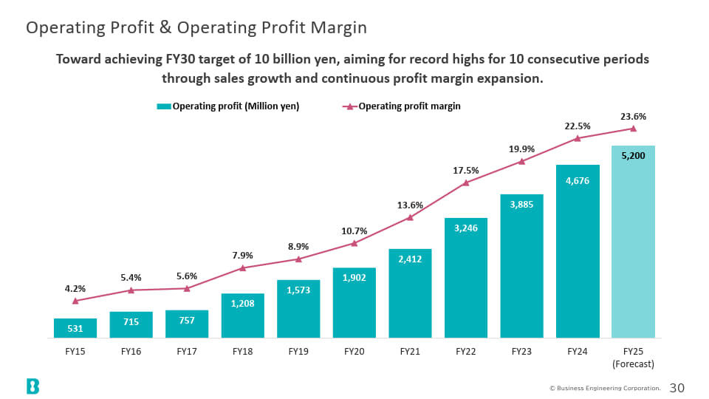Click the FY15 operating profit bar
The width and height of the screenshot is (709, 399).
[75, 328]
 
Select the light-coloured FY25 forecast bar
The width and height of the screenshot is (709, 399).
[633, 242]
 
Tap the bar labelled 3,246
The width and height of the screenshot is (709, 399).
[466, 278]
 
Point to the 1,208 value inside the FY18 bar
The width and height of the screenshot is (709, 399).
[242, 304]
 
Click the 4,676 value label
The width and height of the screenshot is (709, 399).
[578, 181]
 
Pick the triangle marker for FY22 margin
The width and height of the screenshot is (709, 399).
[466, 183]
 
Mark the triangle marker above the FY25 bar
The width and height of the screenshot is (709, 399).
[633, 129]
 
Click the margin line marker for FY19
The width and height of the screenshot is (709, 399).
[298, 259]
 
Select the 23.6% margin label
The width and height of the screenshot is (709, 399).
[633, 117]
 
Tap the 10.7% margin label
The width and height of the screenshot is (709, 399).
[354, 231]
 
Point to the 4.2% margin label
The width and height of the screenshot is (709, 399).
[75, 289]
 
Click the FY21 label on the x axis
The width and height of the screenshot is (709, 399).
[410, 352]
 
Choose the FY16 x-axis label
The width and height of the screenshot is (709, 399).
[131, 352]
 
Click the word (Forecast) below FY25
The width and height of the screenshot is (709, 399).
[633, 364]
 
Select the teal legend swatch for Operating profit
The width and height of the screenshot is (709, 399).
[164, 106]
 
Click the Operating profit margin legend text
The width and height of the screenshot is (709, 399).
[409, 106]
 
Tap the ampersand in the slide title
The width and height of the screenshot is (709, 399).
[165, 27]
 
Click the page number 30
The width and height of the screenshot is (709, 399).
[677, 388]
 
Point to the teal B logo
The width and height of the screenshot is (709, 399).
[32, 386]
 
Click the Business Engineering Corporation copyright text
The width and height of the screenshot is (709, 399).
[605, 388]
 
